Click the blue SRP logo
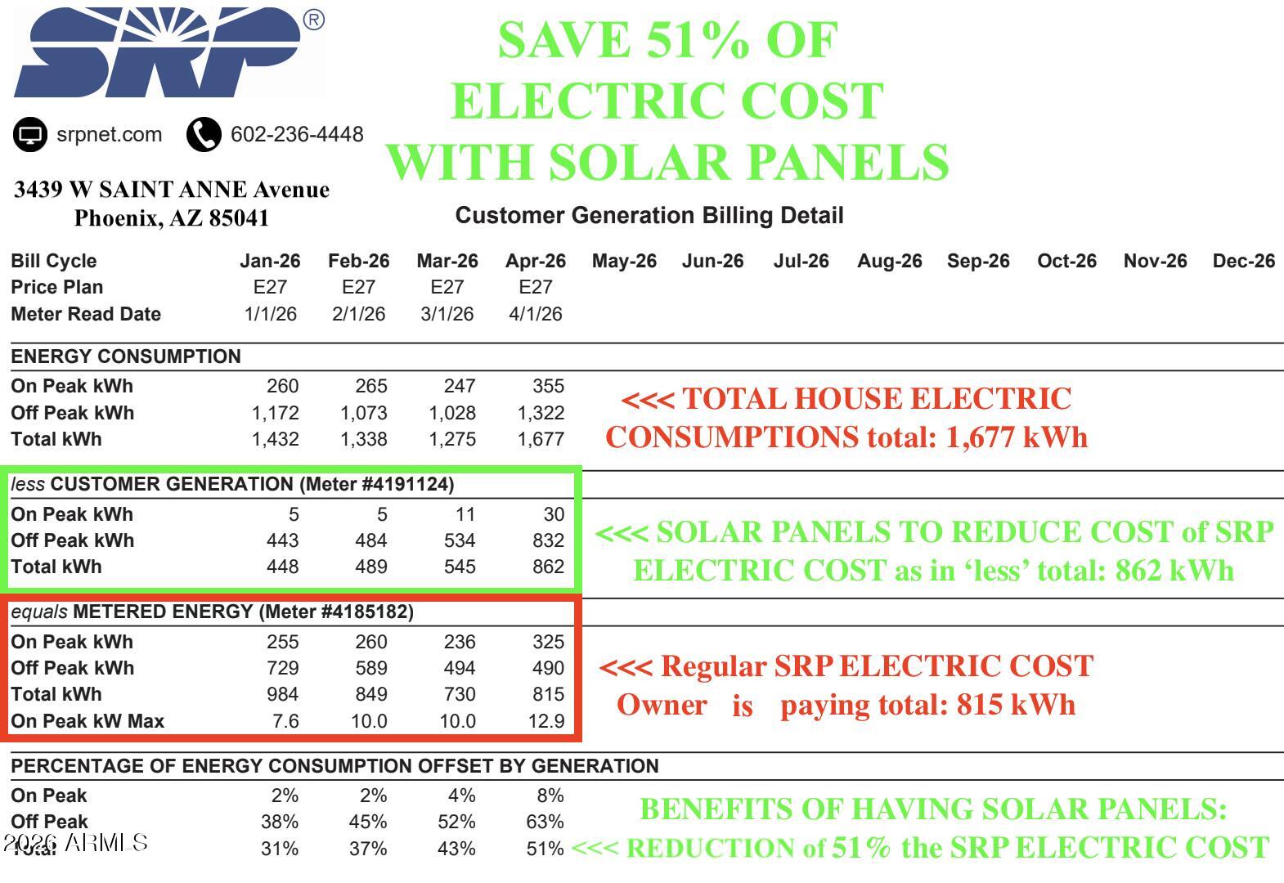[x=158, y=52]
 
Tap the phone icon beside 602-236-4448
[x=204, y=135]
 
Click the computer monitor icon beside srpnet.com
[x=29, y=135]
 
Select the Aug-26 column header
[x=889, y=262]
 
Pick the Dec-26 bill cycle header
[x=1243, y=262]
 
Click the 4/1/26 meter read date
[x=536, y=314]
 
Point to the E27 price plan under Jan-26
[x=270, y=286]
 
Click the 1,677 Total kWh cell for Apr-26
[x=541, y=440]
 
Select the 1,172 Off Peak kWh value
[x=275, y=413]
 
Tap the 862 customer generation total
[x=548, y=567]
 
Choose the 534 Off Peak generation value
[x=459, y=540]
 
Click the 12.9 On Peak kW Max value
[x=545, y=721]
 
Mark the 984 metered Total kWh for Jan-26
[x=282, y=694]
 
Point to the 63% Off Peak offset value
[x=545, y=822]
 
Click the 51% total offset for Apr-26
[x=545, y=849]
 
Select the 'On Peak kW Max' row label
[x=88, y=721]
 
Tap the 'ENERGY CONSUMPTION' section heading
[x=125, y=356]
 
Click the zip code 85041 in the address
[x=239, y=218]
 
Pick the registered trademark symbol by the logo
[x=313, y=20]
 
